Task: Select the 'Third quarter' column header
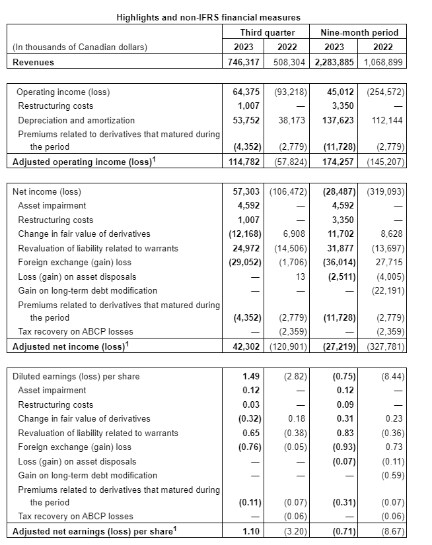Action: click(x=268, y=32)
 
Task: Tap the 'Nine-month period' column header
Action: click(x=359, y=32)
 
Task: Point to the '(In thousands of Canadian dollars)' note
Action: click(x=80, y=47)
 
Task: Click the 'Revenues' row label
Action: click(x=34, y=62)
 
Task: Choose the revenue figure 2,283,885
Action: click(x=335, y=62)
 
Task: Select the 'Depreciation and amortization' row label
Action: click(x=76, y=120)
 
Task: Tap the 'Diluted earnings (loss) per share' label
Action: click(x=76, y=376)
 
